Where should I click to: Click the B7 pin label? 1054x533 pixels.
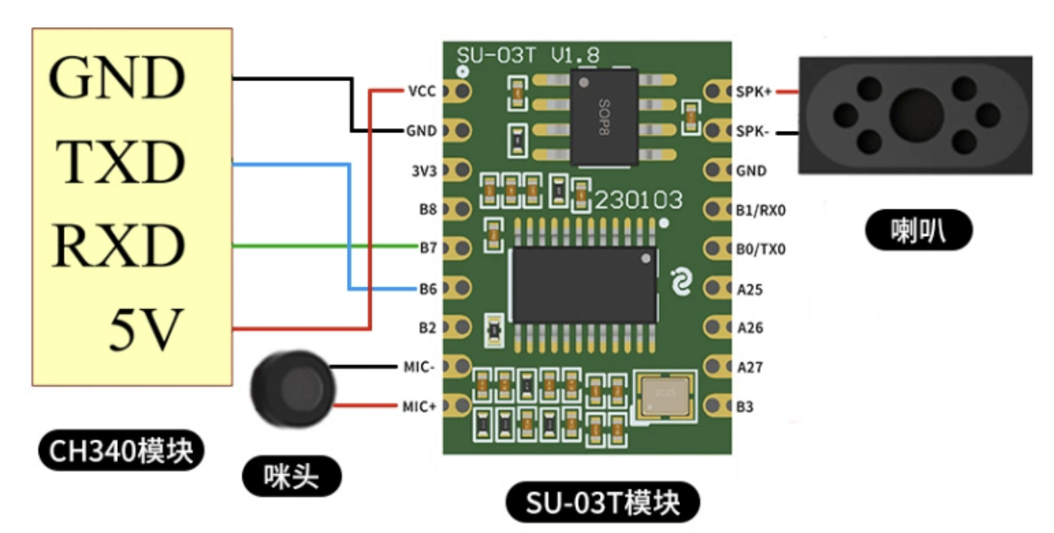428,247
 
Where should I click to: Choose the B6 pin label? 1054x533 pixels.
428,288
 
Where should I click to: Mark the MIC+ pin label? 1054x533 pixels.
420,406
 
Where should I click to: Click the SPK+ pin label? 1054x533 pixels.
753,91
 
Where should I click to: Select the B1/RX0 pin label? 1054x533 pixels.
760,210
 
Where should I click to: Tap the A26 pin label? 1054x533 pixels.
750,328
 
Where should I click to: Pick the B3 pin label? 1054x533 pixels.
745,406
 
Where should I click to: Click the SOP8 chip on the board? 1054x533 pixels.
604,116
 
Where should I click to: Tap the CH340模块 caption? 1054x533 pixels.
121,449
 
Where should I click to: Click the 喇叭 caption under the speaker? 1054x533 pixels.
918,231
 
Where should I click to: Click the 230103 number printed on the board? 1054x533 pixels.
638,200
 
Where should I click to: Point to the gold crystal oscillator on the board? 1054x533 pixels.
664,396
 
